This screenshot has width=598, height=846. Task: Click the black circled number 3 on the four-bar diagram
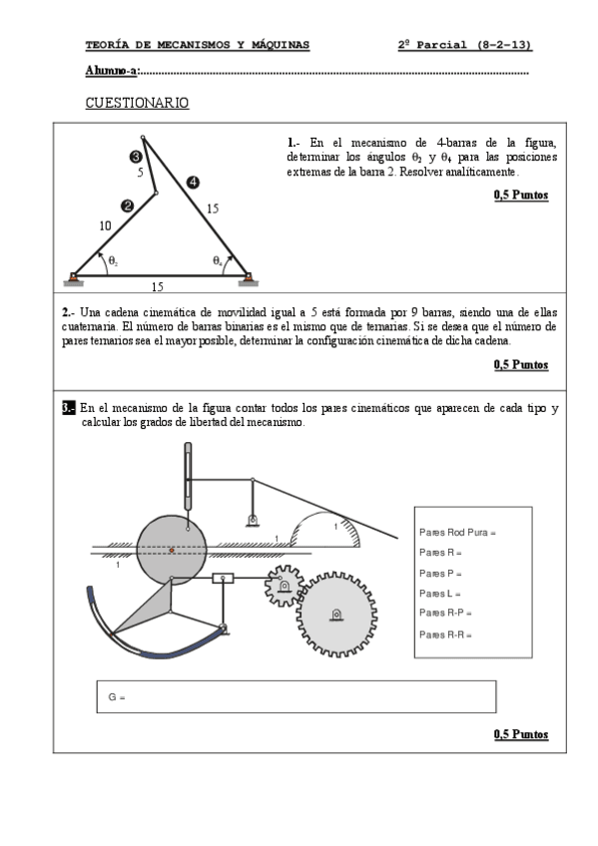pos(136,157)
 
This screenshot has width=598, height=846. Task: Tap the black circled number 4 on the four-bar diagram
pos(193,183)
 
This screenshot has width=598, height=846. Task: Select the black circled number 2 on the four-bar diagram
pos(128,206)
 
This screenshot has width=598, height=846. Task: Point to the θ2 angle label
pos(114,261)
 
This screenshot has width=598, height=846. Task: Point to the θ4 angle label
pos(217,261)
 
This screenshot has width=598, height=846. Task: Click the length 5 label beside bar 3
pos(141,173)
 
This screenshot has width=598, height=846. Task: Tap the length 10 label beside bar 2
pos(105,226)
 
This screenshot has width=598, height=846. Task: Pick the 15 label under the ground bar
pos(157,287)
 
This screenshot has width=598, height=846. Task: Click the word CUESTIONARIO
pos(137,103)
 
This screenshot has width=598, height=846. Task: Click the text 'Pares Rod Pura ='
pos(457,533)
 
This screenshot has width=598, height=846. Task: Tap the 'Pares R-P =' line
pos(445,613)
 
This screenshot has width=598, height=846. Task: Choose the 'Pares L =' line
pos(440,594)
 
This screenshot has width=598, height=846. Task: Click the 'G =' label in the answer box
pos(117,697)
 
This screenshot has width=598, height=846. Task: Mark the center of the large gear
pos(336,615)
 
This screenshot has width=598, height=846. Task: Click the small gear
pos(284,586)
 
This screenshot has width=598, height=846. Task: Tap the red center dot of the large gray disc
pos(172,550)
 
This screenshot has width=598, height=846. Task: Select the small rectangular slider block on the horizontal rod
pos(223,579)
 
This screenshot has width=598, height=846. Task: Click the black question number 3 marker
pos(69,408)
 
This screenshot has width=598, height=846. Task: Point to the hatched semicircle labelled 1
pos(325,530)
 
